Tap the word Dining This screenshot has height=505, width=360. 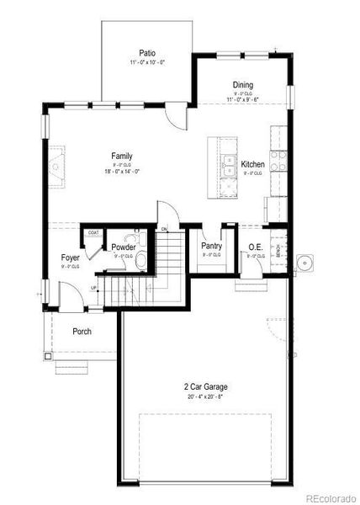[243, 84]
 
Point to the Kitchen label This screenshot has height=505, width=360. [253, 164]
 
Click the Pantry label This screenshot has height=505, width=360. [211, 247]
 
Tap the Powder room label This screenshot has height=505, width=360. [124, 247]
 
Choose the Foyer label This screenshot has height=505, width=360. [71, 258]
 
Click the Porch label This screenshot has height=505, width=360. [82, 331]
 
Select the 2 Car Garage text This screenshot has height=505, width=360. [206, 387]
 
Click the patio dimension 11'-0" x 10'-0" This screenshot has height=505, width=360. [147, 63]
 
